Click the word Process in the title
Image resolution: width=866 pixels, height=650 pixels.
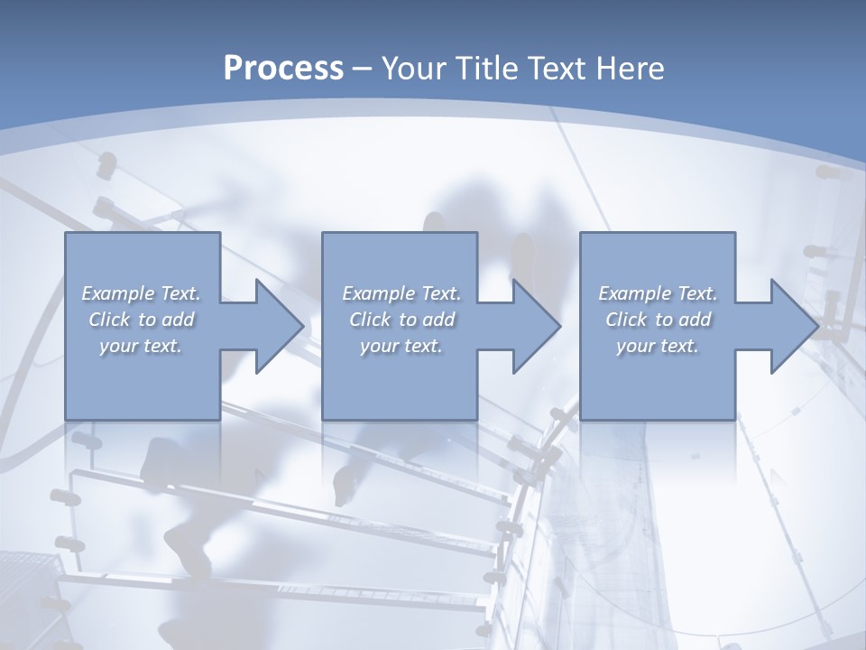(283, 69)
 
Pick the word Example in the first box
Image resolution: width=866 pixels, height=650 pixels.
(118, 293)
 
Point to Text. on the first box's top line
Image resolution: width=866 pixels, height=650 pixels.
(180, 293)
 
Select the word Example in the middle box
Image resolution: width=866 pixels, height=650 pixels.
(379, 293)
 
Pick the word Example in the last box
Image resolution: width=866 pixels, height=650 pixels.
(635, 293)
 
